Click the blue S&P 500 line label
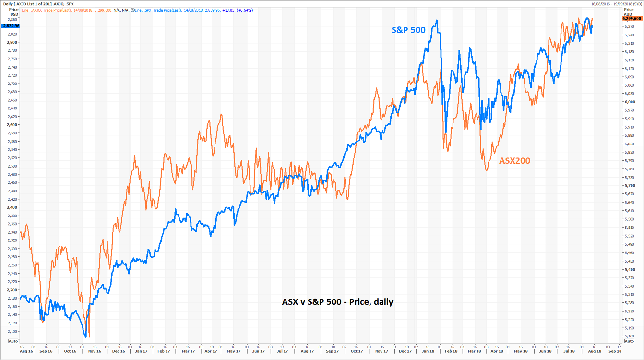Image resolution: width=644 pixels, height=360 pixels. click(408, 30)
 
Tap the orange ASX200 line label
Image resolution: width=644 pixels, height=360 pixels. click(515, 160)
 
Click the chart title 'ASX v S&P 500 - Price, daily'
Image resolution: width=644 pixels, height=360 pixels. click(337, 302)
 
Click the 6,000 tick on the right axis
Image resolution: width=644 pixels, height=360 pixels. click(629, 102)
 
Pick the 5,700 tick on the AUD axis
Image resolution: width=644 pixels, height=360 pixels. click(629, 186)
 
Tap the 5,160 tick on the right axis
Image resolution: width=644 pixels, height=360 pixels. click(629, 336)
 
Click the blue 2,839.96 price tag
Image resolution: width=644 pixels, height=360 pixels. click(11, 26)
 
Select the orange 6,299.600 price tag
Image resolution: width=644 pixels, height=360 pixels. click(632, 18)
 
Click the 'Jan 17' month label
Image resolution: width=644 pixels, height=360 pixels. click(141, 351)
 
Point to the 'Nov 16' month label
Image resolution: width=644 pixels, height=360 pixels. click(94, 351)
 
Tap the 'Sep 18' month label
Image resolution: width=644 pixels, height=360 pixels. click(615, 351)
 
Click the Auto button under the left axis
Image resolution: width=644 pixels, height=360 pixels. click(13, 341)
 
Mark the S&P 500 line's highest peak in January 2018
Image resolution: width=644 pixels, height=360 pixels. click(436, 20)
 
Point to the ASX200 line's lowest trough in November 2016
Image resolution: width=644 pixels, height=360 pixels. click(89, 337)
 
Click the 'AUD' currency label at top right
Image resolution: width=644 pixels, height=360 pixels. click(628, 14)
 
